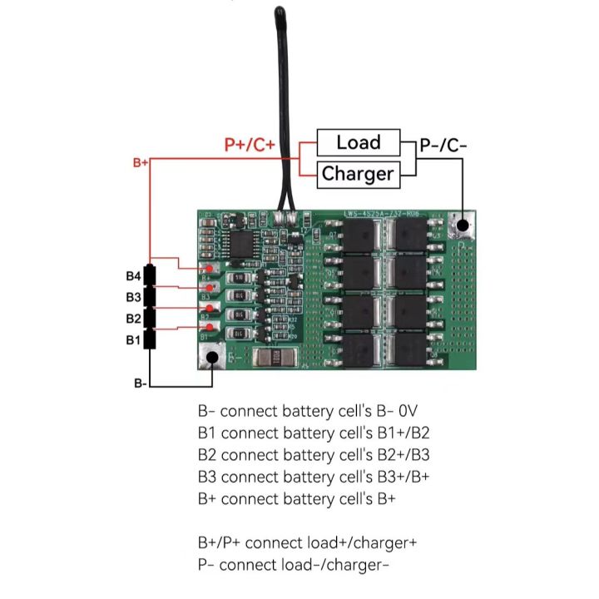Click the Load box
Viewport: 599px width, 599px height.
(x=358, y=142)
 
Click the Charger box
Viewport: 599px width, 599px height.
(x=357, y=174)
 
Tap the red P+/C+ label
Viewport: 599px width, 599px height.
(x=250, y=145)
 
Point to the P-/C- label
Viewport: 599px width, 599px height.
(x=443, y=145)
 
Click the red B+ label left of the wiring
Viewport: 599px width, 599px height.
(x=141, y=163)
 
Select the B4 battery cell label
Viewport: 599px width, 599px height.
(x=133, y=276)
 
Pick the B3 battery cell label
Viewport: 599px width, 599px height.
(x=133, y=297)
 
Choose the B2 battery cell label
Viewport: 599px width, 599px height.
(x=133, y=319)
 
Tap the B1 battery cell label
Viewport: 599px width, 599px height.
(x=133, y=339)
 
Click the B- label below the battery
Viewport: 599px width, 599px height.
(x=141, y=384)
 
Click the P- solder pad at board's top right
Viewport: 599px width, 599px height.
(x=463, y=224)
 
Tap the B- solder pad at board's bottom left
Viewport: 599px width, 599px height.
(x=213, y=358)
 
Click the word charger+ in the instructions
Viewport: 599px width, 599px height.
(x=381, y=543)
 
